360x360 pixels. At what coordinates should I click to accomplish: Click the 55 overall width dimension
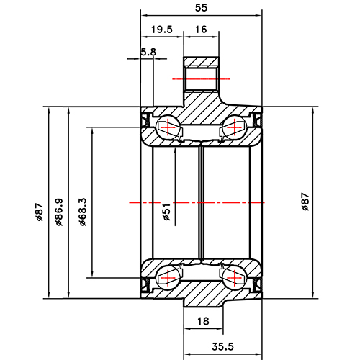[x=202, y=8]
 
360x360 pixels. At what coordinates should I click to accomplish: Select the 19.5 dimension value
[x=162, y=30]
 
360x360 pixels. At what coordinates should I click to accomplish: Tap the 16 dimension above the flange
[x=201, y=30]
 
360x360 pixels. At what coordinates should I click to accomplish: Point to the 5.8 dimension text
[x=149, y=52]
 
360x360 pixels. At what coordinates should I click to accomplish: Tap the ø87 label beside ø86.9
[x=40, y=212]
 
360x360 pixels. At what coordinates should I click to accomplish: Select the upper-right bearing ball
[x=234, y=128]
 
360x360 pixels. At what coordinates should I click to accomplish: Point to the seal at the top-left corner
[x=146, y=117]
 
